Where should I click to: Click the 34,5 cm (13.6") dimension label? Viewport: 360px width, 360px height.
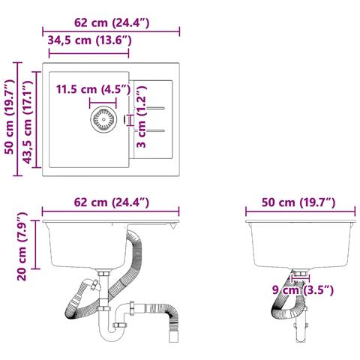point(89,40)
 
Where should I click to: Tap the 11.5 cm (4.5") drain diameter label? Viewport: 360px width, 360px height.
point(93,89)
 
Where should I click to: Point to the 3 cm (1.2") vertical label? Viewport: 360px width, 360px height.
point(142,116)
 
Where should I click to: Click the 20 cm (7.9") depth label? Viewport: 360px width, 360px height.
point(22,246)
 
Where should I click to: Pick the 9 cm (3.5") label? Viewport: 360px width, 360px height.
point(303,290)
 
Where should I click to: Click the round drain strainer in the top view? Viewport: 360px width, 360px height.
point(103,119)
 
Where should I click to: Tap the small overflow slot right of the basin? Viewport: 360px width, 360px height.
point(124,119)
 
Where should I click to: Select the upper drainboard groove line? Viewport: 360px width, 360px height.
point(155,108)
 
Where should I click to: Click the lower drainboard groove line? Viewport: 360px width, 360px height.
point(155,130)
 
